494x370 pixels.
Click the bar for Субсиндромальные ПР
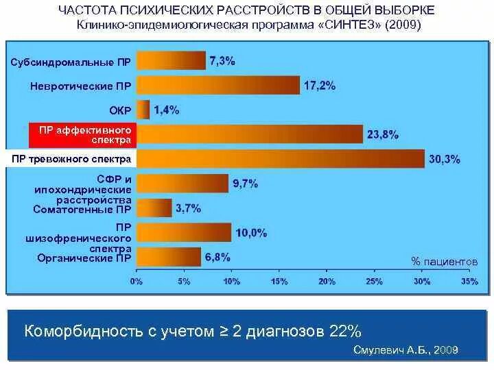(x=170, y=61)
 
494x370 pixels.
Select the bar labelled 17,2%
(x=217, y=86)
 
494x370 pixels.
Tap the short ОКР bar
(x=143, y=110)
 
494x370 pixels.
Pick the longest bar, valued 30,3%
(x=280, y=159)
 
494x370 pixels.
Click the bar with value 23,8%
(x=248, y=134)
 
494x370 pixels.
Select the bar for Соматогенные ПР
(x=154, y=208)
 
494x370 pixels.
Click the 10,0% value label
(x=250, y=233)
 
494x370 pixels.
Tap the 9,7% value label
(x=244, y=184)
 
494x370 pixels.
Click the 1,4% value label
(x=167, y=110)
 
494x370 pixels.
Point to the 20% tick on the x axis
(x=327, y=281)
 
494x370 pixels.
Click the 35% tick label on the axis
(x=469, y=281)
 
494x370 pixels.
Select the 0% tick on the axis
(x=136, y=281)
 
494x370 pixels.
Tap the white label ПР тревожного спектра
(x=71, y=159)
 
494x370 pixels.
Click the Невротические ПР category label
(x=81, y=86)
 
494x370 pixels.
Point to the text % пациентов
(x=443, y=262)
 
